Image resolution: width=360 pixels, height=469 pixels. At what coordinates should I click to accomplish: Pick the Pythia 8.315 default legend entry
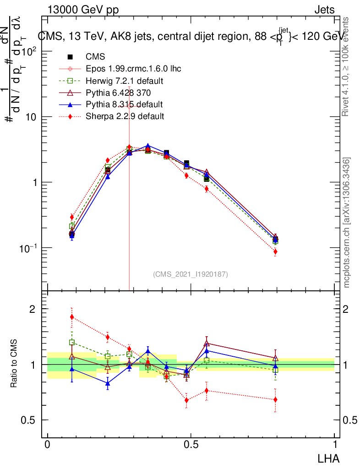(124, 104)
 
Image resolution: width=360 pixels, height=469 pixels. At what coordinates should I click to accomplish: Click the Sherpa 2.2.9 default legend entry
(125, 116)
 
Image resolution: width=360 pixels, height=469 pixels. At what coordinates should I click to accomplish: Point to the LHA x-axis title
(329, 458)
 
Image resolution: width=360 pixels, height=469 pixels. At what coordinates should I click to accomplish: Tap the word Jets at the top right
(324, 10)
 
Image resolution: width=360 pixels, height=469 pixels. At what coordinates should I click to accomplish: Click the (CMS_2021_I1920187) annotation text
(191, 274)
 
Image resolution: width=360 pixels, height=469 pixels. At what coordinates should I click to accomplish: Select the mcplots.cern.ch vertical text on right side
(347, 223)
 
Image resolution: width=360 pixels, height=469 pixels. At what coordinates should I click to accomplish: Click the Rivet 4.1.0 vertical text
(347, 66)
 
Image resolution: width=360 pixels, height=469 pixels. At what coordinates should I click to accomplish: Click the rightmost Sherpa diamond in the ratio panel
(275, 399)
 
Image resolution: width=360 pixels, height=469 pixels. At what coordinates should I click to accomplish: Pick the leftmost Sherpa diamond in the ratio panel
(72, 316)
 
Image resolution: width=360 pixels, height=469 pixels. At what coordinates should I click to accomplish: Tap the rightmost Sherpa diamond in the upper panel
(275, 251)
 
